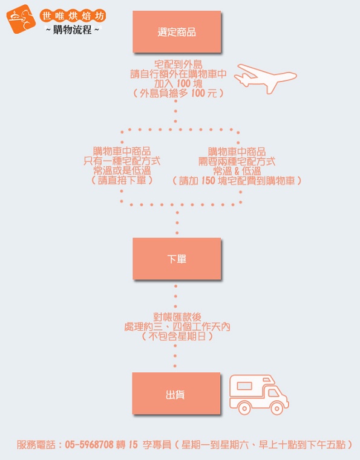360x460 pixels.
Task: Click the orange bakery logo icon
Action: pyautogui.click(x=21, y=19)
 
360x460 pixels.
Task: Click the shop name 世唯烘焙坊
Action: pyautogui.click(x=73, y=16)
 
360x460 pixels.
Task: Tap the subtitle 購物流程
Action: pyautogui.click(x=72, y=30)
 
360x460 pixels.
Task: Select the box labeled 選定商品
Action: pyautogui.click(x=177, y=32)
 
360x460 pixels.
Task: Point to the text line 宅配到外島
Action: pyautogui.click(x=178, y=64)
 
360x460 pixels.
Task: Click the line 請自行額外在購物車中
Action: pyautogui.click(x=178, y=74)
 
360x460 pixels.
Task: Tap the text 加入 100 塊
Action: pyautogui.click(x=178, y=83)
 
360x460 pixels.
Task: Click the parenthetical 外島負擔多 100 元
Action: pyautogui.click(x=178, y=93)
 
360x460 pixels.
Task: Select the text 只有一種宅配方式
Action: pyautogui.click(x=122, y=161)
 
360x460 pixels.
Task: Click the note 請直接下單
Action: pyautogui.click(x=122, y=180)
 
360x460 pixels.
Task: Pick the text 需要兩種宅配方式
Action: pyautogui.click(x=237, y=161)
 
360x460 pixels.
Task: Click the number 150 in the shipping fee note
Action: pyautogui.click(x=208, y=181)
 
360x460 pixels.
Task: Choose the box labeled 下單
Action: pyautogui.click(x=177, y=259)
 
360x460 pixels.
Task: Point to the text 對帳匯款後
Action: pyautogui.click(x=177, y=317)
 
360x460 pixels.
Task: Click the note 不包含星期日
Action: pyautogui.click(x=177, y=336)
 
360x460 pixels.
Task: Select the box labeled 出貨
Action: pyautogui.click(x=176, y=394)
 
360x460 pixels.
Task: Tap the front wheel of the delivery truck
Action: pyautogui.click(x=277, y=408)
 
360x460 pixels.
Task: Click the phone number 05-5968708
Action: pyautogui.click(x=89, y=445)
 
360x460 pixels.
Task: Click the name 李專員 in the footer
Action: pyautogui.click(x=157, y=445)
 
